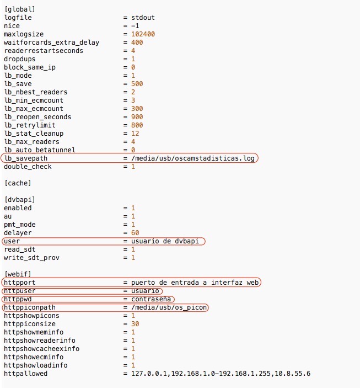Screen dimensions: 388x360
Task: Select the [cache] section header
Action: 18,183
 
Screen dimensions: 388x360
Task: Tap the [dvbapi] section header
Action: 19,199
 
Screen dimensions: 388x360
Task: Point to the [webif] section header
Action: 18,274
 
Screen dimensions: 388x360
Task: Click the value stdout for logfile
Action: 142,18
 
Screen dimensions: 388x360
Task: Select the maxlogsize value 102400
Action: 143,34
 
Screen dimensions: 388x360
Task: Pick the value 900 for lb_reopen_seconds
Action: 137,117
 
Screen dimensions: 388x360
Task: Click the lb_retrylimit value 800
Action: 137,125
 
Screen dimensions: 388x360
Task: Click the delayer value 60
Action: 135,233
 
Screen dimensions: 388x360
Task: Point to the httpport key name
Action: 20,283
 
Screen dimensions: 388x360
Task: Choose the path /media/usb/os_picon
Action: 169,307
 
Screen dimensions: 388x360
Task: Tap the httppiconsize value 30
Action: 135,324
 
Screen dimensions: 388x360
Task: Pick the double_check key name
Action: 28,166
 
